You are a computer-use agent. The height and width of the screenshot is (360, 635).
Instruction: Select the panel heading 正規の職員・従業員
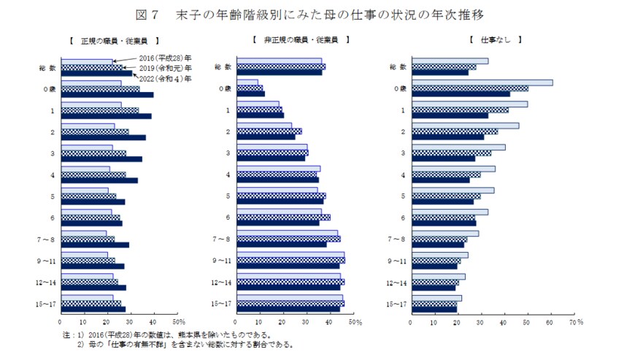(111, 41)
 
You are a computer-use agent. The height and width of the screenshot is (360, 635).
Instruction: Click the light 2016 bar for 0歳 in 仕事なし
(482, 83)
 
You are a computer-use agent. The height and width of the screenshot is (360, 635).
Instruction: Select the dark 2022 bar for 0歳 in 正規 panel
(107, 94)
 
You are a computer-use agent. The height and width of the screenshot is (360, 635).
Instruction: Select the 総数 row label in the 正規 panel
(47, 67)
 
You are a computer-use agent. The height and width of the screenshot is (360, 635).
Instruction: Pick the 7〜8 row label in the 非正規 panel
(222, 240)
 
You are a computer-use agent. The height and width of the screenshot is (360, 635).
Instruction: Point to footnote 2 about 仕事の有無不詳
(179, 345)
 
